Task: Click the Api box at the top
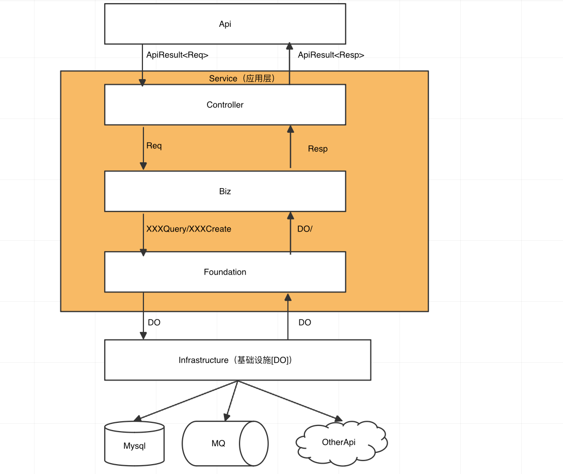click(x=225, y=24)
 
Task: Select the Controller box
click(x=225, y=104)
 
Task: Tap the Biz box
click(x=225, y=191)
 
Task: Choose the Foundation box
click(x=225, y=272)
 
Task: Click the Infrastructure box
click(x=237, y=360)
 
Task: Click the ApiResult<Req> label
click(x=178, y=55)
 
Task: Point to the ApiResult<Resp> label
click(x=331, y=55)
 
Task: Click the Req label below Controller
click(x=154, y=146)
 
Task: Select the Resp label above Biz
click(x=317, y=149)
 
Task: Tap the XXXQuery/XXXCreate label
click(x=189, y=228)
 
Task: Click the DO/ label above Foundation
click(x=305, y=228)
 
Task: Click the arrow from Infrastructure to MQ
click(x=231, y=400)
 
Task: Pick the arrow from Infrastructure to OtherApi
click(x=289, y=400)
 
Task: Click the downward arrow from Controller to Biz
click(x=143, y=147)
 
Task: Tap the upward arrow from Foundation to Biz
click(x=290, y=233)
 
